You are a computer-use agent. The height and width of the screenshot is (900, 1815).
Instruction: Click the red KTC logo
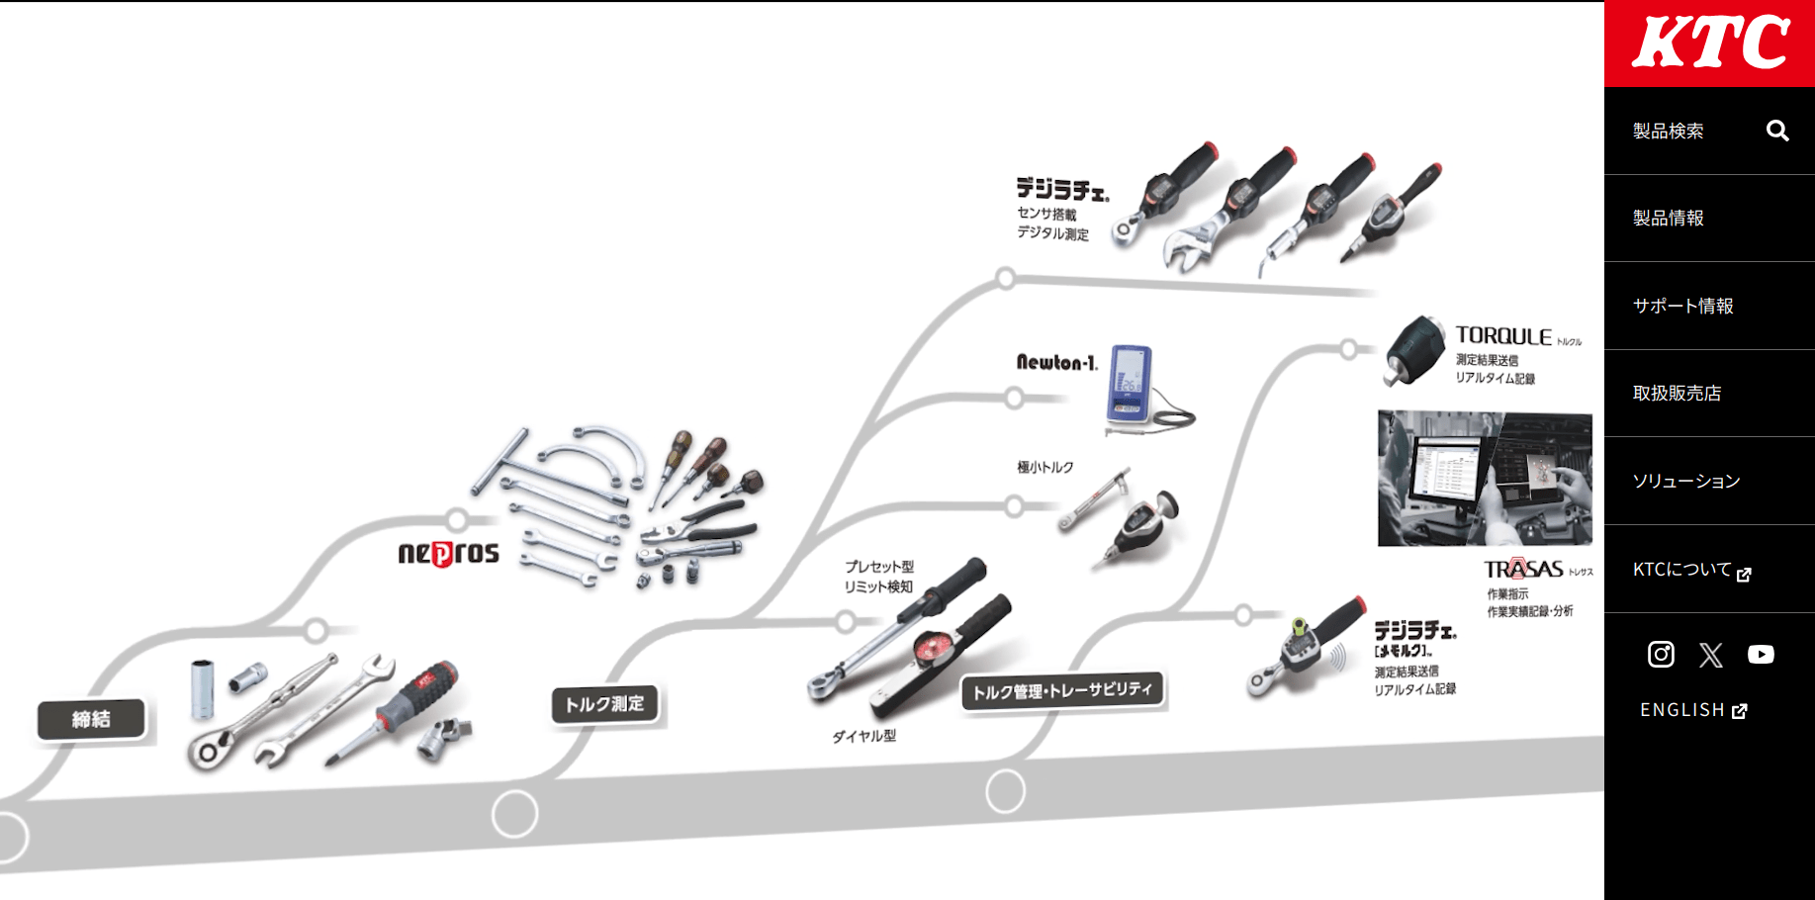(1709, 44)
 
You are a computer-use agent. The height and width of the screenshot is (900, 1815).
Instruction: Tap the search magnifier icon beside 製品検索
(1777, 131)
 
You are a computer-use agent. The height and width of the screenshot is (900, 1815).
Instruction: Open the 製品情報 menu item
(1668, 219)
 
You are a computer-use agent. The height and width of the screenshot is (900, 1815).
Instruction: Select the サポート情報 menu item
(1682, 306)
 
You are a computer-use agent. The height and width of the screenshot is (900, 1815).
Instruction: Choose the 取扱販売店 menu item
(1677, 394)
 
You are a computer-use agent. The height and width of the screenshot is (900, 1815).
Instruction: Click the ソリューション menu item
(1685, 482)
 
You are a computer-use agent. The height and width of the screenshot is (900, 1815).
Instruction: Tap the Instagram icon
(1661, 654)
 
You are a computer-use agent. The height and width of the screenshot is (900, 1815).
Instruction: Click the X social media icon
(1710, 655)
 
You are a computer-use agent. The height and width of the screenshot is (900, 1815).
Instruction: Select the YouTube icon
(1761, 655)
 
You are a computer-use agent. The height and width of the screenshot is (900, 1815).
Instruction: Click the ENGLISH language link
(1692, 710)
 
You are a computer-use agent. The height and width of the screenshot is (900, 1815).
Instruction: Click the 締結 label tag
(91, 719)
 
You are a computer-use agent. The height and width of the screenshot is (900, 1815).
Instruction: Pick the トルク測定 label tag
(604, 704)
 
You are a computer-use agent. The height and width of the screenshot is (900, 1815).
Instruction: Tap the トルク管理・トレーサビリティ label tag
(1062, 690)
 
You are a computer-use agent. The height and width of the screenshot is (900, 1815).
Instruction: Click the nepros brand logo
(448, 553)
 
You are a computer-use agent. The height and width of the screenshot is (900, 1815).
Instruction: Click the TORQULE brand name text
(1503, 336)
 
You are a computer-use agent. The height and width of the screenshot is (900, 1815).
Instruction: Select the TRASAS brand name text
(1523, 569)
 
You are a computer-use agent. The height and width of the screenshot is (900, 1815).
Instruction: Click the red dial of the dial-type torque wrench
(931, 649)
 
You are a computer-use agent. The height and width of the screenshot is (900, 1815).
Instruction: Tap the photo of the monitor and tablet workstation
(1485, 478)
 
